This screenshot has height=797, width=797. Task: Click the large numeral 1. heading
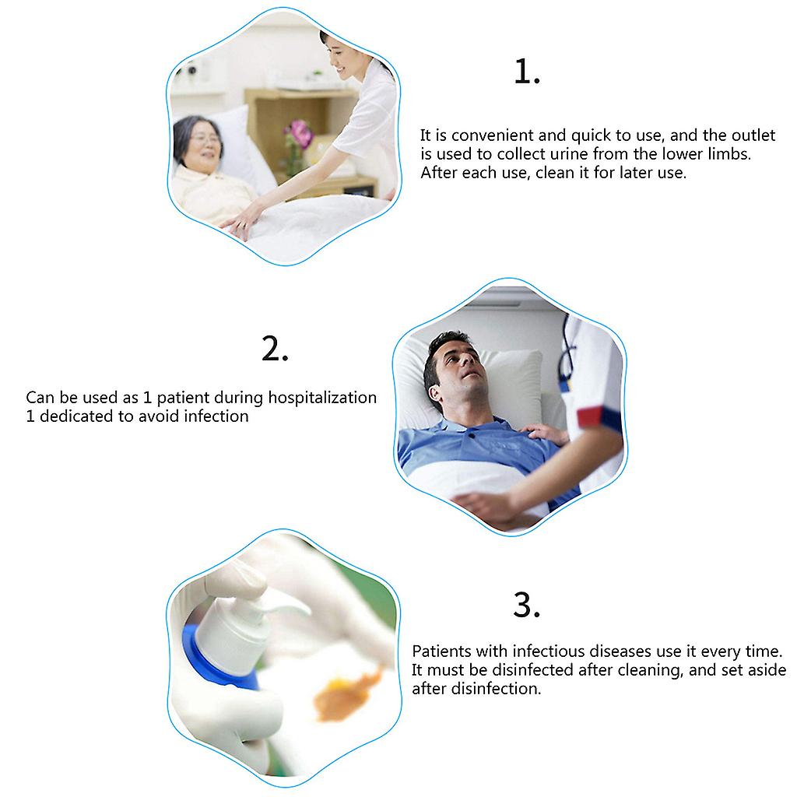coord(527,71)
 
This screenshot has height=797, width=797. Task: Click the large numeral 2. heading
coord(275,349)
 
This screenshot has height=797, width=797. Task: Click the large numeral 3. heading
coord(527,605)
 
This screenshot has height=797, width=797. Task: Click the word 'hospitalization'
coord(322,398)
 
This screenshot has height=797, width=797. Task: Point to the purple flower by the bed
coord(300,134)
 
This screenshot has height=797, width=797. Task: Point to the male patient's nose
coord(466,359)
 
